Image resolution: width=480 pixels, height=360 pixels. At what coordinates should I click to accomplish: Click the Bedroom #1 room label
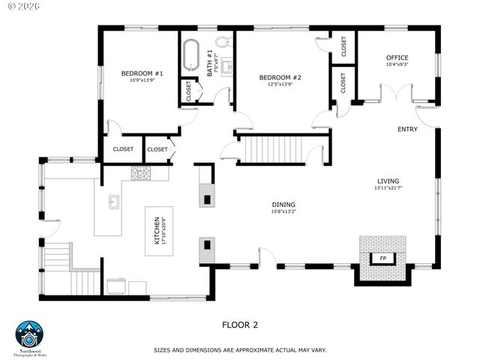point(142,73)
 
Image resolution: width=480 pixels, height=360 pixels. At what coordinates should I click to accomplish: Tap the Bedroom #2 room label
point(280,78)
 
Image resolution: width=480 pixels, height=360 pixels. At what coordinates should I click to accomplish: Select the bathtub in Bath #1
point(189,55)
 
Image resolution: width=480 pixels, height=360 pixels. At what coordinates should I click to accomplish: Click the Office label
point(397,58)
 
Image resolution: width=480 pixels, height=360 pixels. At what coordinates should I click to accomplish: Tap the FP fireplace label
point(382,259)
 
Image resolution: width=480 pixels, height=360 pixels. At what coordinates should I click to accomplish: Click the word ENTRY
point(407,130)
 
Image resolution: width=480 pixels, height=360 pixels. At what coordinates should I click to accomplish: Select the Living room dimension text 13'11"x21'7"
point(388,188)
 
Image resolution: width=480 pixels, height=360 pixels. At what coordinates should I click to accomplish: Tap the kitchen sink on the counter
point(114,202)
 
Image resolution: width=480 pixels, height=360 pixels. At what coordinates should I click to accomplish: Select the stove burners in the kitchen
point(140,173)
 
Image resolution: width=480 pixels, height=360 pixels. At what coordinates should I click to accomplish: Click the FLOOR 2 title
point(240,325)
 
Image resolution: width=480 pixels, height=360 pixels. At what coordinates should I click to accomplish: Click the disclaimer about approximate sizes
point(240,350)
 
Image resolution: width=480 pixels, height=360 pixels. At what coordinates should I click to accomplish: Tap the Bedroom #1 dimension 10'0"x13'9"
point(142,80)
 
